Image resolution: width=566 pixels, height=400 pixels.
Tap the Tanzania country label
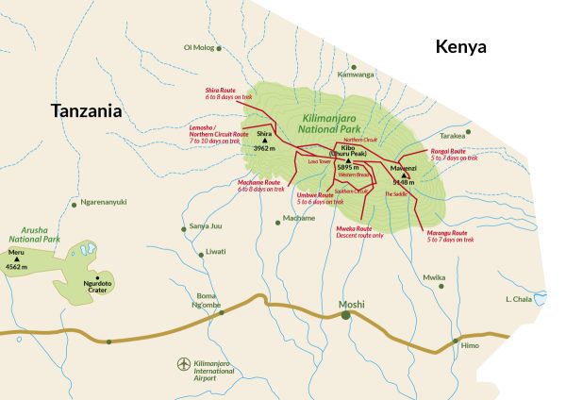[87, 110]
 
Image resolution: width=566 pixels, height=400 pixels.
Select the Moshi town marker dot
[346, 316]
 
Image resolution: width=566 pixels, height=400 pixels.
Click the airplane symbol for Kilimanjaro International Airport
[185, 363]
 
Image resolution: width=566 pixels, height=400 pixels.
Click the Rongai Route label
[449, 151]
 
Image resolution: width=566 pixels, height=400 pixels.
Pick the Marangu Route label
[447, 232]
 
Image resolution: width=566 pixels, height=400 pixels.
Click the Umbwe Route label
[314, 194]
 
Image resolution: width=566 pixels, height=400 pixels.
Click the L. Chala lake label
[520, 299]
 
